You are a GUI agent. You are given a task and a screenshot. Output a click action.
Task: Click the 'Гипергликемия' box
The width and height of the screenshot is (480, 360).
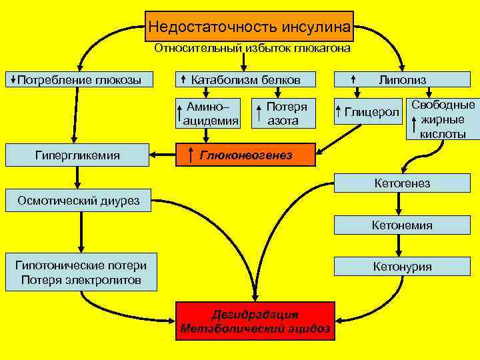click(x=77, y=155)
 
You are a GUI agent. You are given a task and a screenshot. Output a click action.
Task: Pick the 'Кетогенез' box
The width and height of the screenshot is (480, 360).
click(x=402, y=183)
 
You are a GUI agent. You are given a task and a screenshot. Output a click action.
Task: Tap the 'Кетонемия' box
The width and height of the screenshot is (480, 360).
click(x=402, y=225)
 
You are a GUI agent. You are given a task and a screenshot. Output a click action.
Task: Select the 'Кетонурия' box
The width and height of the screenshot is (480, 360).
click(x=402, y=267)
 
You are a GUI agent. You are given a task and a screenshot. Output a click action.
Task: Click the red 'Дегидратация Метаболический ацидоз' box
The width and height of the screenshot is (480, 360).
click(x=255, y=321)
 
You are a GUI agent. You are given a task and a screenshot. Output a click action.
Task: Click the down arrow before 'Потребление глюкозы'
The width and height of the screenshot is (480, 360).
click(x=13, y=80)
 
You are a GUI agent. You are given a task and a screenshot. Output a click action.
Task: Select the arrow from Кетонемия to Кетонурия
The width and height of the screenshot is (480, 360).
click(x=399, y=246)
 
